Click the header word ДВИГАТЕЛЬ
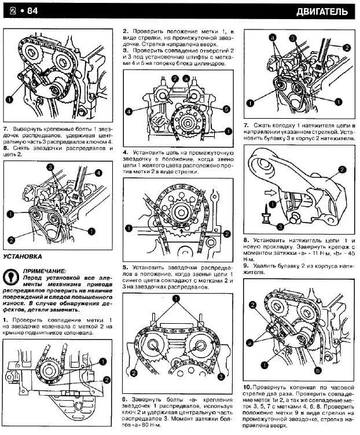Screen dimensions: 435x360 (x=322, y=11)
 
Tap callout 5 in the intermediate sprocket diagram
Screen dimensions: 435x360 (x=226, y=109)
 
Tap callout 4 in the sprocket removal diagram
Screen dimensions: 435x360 (x=99, y=173)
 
